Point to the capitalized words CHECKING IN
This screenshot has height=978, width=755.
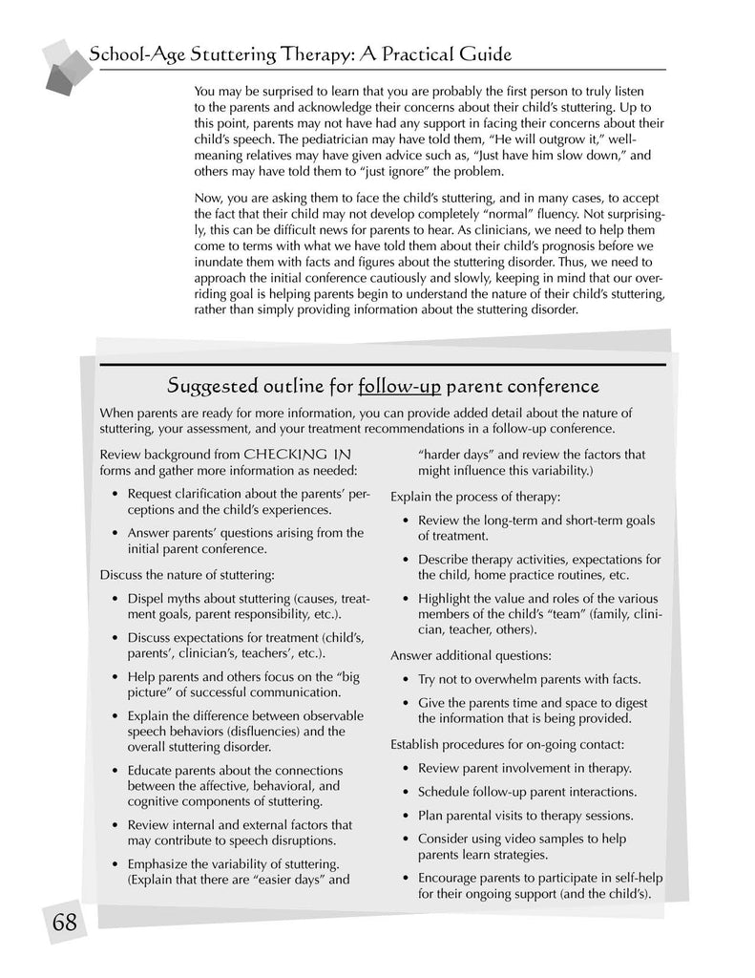[x=297, y=454]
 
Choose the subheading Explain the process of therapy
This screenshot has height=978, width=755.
[x=475, y=497]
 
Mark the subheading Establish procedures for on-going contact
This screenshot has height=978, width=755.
[x=508, y=744]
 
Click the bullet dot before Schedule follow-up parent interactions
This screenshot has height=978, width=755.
[x=408, y=793]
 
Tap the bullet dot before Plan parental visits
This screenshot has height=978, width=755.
[x=408, y=816]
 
